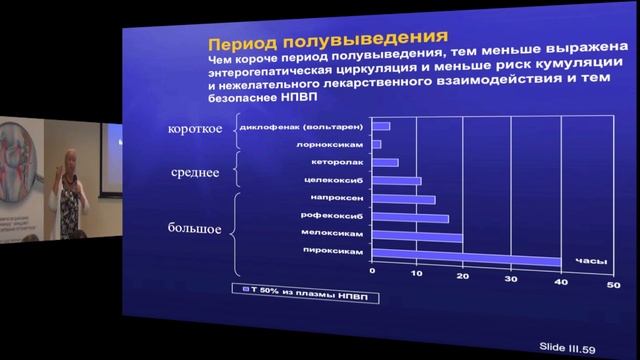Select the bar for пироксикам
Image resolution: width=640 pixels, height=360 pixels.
465,261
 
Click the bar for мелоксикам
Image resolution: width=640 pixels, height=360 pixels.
416,237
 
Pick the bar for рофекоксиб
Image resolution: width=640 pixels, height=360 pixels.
410,218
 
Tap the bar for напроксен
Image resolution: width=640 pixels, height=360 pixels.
403,199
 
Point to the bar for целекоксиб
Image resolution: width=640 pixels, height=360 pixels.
396,181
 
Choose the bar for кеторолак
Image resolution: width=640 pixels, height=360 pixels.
385,162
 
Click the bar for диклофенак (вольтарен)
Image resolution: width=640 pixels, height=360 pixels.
381,126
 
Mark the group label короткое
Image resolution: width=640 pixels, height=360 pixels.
196,131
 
